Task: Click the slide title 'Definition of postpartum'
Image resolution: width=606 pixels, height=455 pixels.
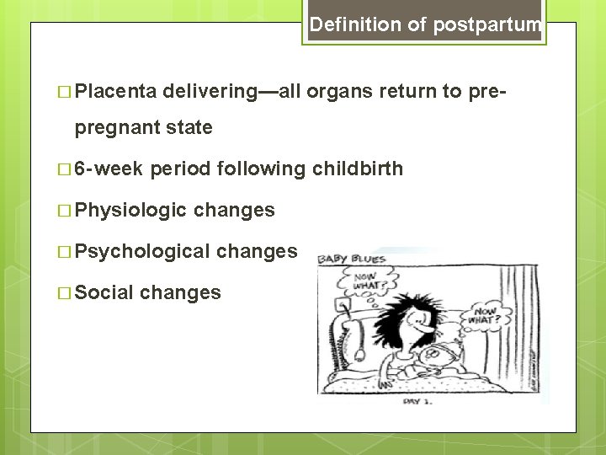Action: pos(425,25)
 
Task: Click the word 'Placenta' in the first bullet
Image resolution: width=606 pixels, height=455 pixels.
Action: pos(117,91)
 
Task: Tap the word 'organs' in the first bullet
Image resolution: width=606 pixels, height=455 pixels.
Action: pos(348,91)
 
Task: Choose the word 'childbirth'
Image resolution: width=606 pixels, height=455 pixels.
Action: pos(359,169)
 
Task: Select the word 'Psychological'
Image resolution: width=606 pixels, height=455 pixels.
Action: pos(141,251)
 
